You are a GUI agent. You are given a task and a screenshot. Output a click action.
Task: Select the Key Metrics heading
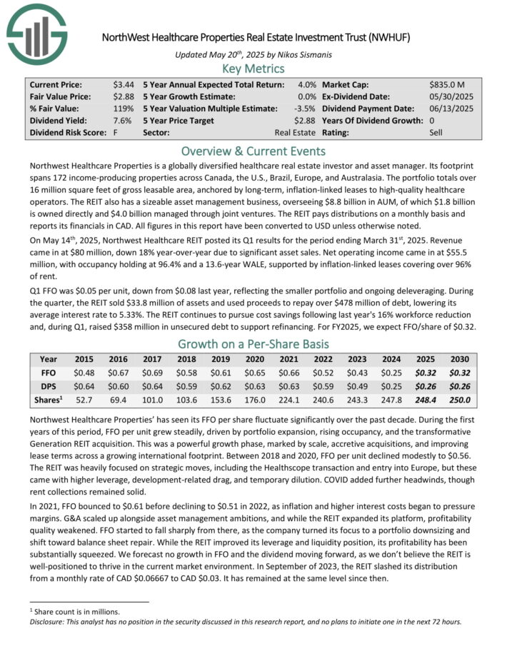pos(253,69)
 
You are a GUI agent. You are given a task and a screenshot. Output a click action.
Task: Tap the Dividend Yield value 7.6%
pos(126,120)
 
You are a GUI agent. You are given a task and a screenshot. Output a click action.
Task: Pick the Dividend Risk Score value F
pos(116,132)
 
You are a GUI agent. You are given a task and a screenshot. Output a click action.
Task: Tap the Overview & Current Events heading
pos(253,151)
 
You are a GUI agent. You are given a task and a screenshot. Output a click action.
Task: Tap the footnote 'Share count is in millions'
pos(74,611)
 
